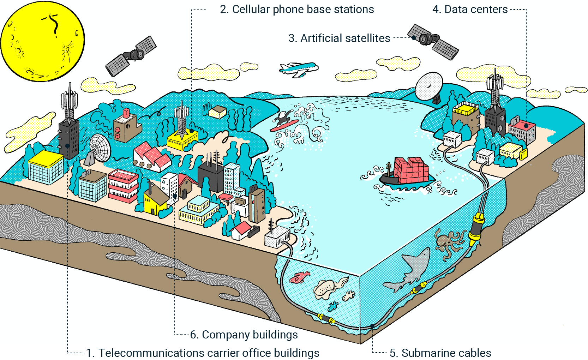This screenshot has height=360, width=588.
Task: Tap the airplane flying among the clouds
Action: [298, 68]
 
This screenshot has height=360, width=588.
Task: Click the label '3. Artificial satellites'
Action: [339, 38]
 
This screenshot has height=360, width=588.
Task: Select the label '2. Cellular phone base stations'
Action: [296, 10]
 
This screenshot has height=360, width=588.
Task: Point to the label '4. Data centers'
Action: [470, 10]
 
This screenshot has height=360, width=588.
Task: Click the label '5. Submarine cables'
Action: [440, 353]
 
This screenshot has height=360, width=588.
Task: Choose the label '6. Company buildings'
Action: [244, 335]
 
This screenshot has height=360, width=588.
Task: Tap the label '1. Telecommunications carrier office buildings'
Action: [203, 353]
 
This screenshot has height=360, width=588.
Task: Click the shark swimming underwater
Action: [411, 270]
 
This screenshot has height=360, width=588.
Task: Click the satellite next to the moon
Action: [131, 56]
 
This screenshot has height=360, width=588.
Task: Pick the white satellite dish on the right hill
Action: [429, 86]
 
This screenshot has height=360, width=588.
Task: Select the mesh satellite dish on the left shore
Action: [99, 148]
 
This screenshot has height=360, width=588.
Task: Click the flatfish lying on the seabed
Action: [326, 288]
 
